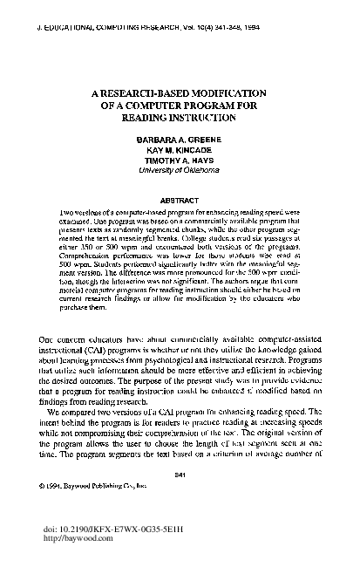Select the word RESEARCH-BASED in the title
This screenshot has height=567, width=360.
[x=147, y=92]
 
